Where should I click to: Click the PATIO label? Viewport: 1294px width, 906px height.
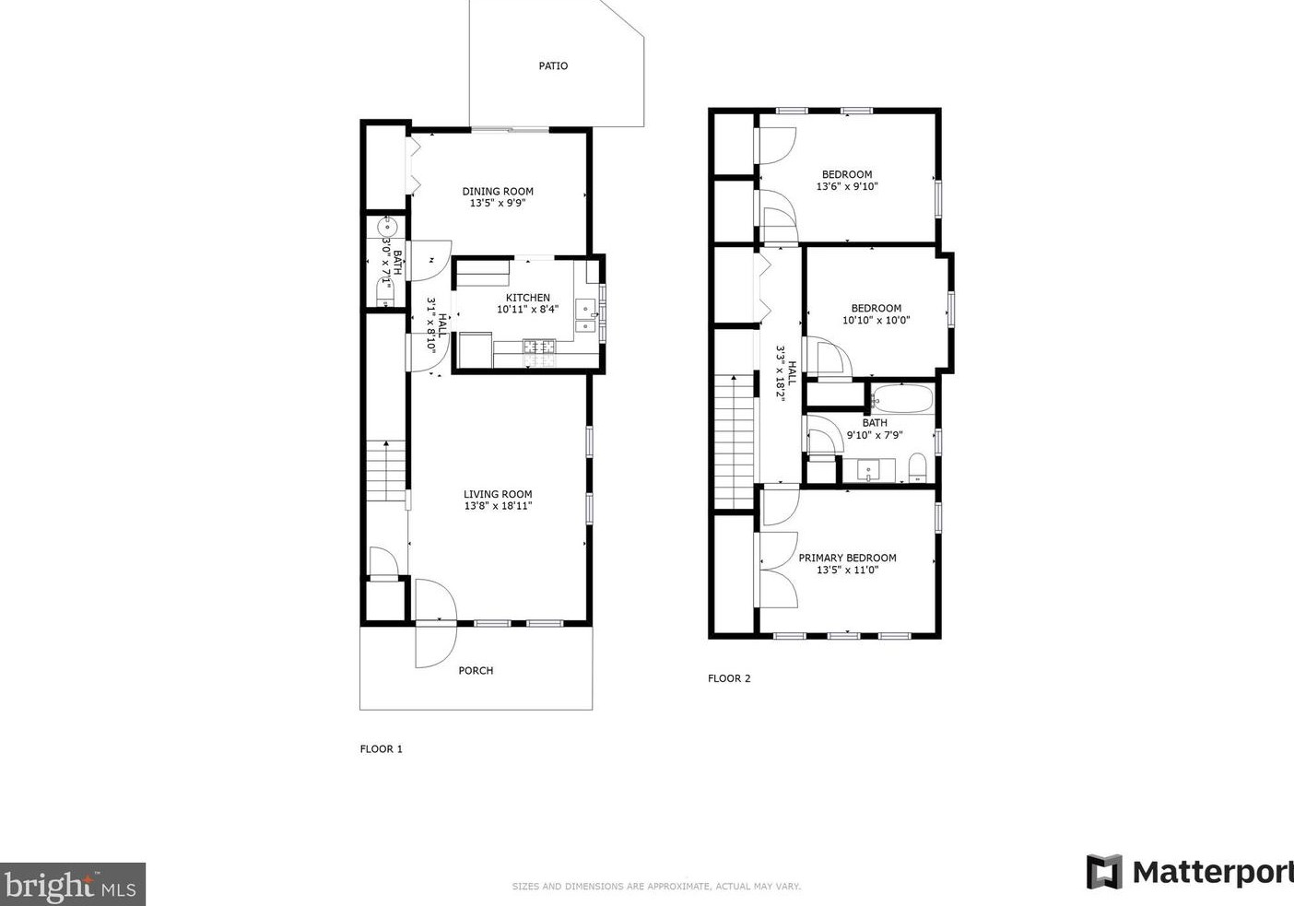[553, 65]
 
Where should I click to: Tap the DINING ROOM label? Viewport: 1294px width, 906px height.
[498, 192]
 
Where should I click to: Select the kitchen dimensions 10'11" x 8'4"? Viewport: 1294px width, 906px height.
[527, 309]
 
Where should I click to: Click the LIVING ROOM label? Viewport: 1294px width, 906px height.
[498, 494]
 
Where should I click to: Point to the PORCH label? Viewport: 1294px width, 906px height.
[476, 670]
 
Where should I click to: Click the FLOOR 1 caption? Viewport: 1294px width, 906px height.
[381, 748]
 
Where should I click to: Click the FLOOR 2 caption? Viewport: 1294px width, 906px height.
[729, 678]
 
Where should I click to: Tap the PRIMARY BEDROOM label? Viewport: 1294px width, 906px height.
[847, 558]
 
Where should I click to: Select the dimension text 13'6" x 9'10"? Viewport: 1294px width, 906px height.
[847, 186]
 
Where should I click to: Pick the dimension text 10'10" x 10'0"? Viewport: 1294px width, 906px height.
[876, 320]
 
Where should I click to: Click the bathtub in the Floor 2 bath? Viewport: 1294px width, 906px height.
[902, 397]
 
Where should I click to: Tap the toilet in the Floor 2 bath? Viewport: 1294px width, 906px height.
[917, 468]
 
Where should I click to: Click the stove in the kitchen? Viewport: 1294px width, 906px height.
[539, 352]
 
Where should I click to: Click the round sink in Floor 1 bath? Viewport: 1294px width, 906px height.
[386, 227]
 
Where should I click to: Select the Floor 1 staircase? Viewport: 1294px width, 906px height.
[386, 471]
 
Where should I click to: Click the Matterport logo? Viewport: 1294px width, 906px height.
[1190, 872]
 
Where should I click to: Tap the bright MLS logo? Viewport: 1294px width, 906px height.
[73, 884]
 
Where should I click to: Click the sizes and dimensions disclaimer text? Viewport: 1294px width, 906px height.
[656, 886]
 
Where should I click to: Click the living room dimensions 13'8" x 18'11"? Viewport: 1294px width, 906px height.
[498, 506]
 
